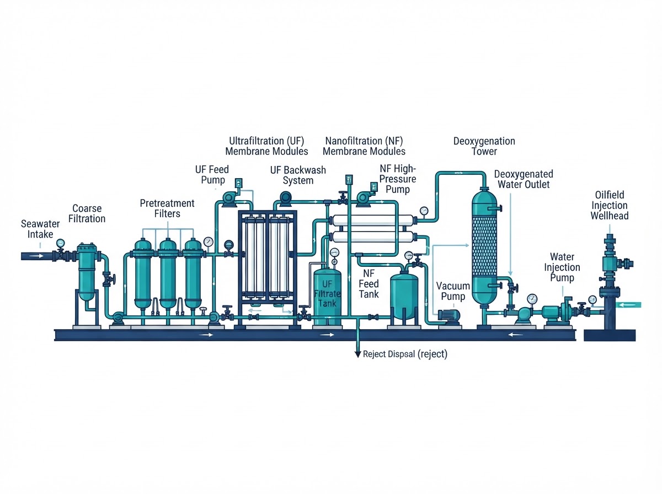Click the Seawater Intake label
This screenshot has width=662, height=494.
pos(40,229)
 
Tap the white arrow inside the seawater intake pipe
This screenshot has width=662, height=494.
pos(37,256)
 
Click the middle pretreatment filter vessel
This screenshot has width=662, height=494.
pos(168,273)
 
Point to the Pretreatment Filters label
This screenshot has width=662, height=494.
pos(167,208)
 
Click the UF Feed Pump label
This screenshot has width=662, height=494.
pos(212,175)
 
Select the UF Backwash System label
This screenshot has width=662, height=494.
pos(298,175)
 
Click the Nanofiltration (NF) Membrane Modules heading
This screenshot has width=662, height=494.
pos(364,146)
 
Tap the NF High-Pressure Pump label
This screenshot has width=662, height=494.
pos(398,179)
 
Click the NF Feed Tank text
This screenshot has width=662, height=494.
pos(369,283)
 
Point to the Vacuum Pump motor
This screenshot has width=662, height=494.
pos(449,315)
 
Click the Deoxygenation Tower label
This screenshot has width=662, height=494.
pos(484,146)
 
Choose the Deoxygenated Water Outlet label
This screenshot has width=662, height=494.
pos(524,179)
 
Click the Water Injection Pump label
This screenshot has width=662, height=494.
pos(562,267)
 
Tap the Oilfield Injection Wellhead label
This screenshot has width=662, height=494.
pos(609,205)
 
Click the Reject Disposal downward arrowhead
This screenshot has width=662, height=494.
pos(357,354)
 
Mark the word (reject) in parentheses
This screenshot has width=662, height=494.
pos(432,354)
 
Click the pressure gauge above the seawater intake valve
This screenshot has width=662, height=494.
pos(60,243)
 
